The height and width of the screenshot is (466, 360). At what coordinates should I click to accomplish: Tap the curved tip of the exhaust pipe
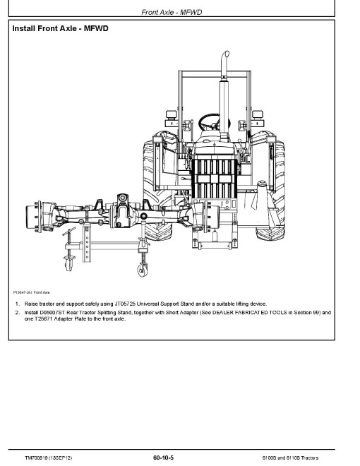[226, 54]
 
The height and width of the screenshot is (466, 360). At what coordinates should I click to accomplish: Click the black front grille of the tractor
[214, 179]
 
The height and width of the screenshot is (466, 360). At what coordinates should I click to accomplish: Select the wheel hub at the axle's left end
[32, 217]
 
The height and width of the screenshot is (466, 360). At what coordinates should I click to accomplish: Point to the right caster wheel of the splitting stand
[143, 270]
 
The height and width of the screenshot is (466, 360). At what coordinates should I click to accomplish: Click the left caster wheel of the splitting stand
[68, 263]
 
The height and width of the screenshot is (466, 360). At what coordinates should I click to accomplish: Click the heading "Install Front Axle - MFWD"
[60, 28]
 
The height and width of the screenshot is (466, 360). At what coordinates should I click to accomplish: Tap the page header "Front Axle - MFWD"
[172, 12]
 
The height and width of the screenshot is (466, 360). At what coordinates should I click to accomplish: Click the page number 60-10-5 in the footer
[163, 458]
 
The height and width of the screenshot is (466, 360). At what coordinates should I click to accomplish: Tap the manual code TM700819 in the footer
[36, 458]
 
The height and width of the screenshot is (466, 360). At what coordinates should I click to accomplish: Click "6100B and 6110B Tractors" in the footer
[290, 458]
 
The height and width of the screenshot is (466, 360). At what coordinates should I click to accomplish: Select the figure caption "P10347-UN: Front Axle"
[31, 292]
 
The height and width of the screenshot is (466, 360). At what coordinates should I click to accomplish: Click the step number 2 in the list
[18, 313]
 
